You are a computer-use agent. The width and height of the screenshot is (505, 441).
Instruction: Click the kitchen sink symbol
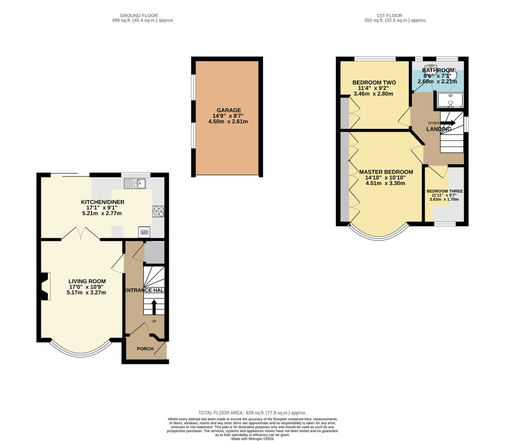pyautogui.click(x=135, y=183)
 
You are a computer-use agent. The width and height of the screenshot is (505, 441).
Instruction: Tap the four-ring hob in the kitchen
pyautogui.click(x=158, y=211)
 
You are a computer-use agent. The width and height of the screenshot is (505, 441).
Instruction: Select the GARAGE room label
pyautogui.click(x=229, y=110)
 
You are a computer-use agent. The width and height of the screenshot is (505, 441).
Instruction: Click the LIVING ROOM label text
pyautogui.click(x=87, y=281)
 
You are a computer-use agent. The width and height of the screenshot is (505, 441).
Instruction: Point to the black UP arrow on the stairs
pyautogui.click(x=154, y=307)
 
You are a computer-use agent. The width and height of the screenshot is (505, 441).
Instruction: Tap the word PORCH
pyautogui.click(x=145, y=349)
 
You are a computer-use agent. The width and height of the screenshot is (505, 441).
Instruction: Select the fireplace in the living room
pyautogui.click(x=45, y=286)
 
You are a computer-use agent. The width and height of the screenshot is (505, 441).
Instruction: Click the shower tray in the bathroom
pyautogui.click(x=449, y=100)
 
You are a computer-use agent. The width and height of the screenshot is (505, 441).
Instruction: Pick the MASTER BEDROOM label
pyautogui.click(x=386, y=172)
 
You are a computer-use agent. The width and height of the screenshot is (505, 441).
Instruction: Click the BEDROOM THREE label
pyautogui.click(x=444, y=191)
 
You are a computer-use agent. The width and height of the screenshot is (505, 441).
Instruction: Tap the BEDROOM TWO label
pyautogui.click(x=374, y=82)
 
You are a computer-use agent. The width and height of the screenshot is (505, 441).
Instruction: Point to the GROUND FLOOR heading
pyautogui.click(x=139, y=16)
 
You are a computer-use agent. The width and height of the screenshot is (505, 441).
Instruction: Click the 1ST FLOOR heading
pyautogui.click(x=389, y=16)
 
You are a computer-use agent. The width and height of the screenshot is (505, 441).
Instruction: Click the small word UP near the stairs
pyautogui.click(x=154, y=321)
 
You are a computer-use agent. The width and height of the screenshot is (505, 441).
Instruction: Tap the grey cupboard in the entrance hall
pyautogui.click(x=154, y=252)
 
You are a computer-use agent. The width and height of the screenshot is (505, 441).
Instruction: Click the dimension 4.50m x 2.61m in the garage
pyautogui.click(x=228, y=122)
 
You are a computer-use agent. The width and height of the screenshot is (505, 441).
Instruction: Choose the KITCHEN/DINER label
pyautogui.click(x=102, y=202)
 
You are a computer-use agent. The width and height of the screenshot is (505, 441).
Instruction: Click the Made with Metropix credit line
pyautogui.click(x=252, y=439)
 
